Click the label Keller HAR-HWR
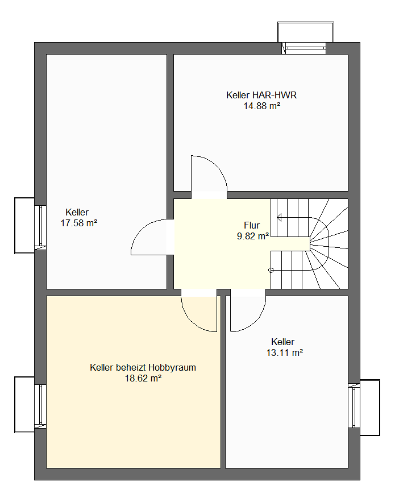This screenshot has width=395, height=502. (x=261, y=95)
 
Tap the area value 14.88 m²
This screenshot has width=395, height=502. (x=262, y=106)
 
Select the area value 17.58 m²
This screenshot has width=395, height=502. (x=79, y=223)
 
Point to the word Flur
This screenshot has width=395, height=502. (x=252, y=225)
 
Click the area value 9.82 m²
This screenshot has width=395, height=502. (x=252, y=237)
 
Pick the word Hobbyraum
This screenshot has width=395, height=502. (x=172, y=367)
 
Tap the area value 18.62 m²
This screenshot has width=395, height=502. (x=143, y=379)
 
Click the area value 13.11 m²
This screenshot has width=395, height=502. (x=285, y=353)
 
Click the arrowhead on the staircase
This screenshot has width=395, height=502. (x=279, y=218)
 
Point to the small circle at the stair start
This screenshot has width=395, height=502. (x=271, y=270)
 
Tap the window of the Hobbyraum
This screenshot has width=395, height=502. (x=40, y=406)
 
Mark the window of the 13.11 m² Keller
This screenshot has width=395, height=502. (x=354, y=405)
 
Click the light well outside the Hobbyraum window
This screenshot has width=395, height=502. (x=24, y=405)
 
